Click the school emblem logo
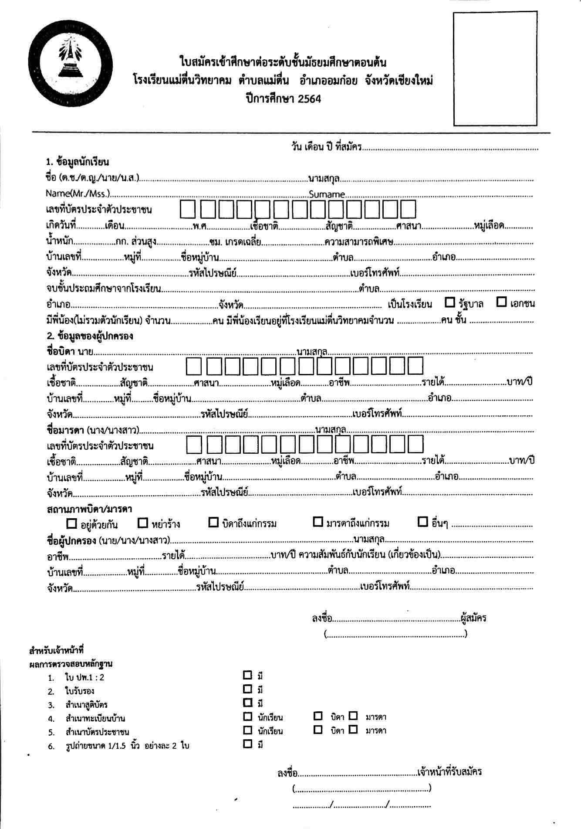(x=71, y=69)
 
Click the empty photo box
(x=495, y=69)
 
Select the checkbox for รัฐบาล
(x=450, y=302)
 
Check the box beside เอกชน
(x=502, y=302)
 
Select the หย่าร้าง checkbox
(x=143, y=523)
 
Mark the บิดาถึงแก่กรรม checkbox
(x=213, y=522)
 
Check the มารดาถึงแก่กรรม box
(x=318, y=522)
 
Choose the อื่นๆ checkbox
(x=422, y=522)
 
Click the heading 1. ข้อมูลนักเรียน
(x=77, y=162)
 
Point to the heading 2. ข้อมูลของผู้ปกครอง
(x=89, y=336)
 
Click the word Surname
(x=327, y=194)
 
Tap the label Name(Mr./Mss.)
(x=78, y=194)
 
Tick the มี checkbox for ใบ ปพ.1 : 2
(x=247, y=675)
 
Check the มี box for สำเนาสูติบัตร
(x=247, y=702)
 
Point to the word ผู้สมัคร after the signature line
(x=473, y=618)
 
